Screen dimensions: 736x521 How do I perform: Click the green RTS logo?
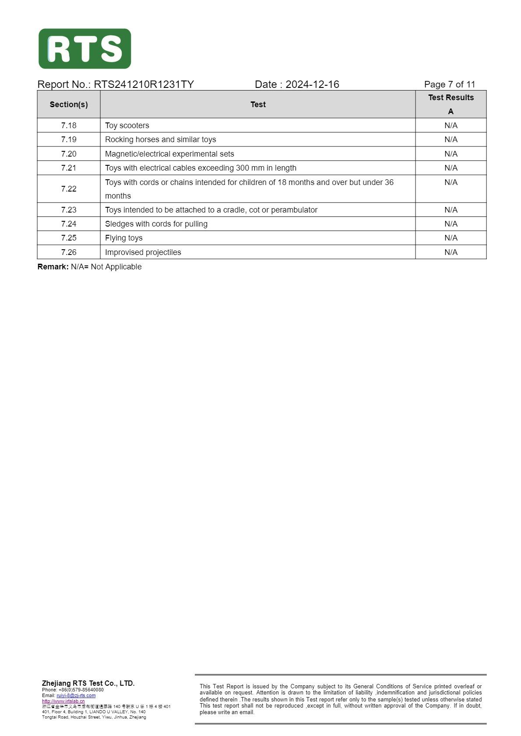click(x=84, y=49)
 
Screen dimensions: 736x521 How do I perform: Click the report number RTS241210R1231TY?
click(x=144, y=84)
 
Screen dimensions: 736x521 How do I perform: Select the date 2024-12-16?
click(x=312, y=84)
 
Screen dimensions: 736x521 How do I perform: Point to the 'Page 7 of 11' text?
click(x=449, y=84)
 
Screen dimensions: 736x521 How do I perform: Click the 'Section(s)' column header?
click(x=69, y=105)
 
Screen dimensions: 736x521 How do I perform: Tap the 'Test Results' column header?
click(x=451, y=98)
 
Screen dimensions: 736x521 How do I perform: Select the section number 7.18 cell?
click(x=69, y=126)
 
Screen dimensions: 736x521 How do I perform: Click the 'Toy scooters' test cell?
click(x=127, y=126)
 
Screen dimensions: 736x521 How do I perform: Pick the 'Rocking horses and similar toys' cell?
click(x=160, y=140)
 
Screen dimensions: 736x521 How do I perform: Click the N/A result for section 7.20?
click(x=451, y=154)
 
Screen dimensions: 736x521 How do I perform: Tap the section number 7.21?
click(x=69, y=168)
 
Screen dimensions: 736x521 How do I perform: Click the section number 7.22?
click(x=69, y=189)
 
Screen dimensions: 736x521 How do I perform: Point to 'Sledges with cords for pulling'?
click(x=156, y=224)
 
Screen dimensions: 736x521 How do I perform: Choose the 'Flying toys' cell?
click(x=123, y=238)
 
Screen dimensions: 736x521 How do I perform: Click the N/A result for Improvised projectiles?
click(x=451, y=252)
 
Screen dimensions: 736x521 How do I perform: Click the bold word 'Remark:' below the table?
click(x=53, y=267)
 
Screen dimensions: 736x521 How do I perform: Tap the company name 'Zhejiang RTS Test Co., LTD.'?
click(x=88, y=683)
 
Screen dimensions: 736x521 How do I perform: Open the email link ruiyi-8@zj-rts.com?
click(x=76, y=695)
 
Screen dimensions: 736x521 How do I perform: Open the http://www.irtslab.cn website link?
click(x=63, y=701)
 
